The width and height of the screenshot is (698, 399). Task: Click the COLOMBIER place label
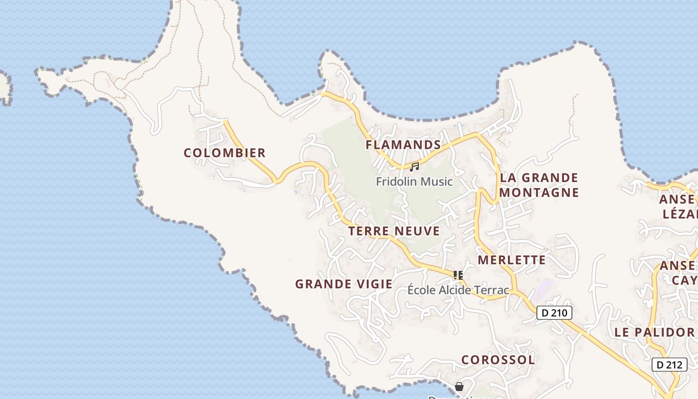pyautogui.click(x=224, y=153)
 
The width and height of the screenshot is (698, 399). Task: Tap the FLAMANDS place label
pyautogui.click(x=403, y=145)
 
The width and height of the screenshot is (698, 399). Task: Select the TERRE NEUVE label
pyautogui.click(x=394, y=231)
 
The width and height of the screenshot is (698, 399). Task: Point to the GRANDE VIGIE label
pyautogui.click(x=344, y=284)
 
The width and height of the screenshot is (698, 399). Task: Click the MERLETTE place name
pyautogui.click(x=512, y=260)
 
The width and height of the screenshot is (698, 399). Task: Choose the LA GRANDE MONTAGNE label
pyautogui.click(x=539, y=185)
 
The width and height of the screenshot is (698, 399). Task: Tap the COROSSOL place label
pyautogui.click(x=498, y=360)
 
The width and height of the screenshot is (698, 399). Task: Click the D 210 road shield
pyautogui.click(x=554, y=313)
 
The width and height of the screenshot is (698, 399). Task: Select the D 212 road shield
pyautogui.click(x=669, y=365)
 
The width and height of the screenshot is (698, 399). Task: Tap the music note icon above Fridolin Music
pyautogui.click(x=414, y=167)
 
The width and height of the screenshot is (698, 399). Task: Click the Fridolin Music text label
pyautogui.click(x=414, y=182)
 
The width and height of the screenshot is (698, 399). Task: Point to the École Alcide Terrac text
pyautogui.click(x=458, y=290)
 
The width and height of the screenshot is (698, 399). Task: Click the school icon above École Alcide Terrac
pyautogui.click(x=458, y=274)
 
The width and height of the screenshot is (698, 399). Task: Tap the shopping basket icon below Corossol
pyautogui.click(x=459, y=387)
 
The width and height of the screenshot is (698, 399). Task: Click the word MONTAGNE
pyautogui.click(x=539, y=193)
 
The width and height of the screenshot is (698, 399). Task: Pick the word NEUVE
pyautogui.click(x=417, y=231)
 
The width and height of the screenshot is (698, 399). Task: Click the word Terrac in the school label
pyautogui.click(x=493, y=290)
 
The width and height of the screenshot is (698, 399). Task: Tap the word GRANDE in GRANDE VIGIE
pyautogui.click(x=320, y=284)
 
